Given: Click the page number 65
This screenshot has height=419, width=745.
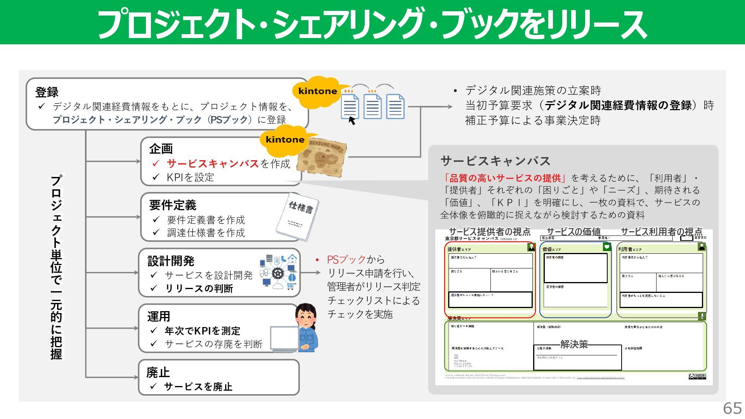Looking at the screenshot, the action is coord(732,408).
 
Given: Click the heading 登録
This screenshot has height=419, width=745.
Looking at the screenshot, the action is coord(47,92).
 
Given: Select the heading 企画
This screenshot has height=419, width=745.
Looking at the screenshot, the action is coord(161,149).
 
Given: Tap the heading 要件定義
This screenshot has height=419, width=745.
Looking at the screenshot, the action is coord(173,205).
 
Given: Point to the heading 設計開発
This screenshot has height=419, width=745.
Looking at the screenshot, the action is coord(171,261).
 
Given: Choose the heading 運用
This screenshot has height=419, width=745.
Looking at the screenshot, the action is coord(158,317).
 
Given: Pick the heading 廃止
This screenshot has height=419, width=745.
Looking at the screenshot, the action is coord(158,372).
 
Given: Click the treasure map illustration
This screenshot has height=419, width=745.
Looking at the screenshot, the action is coord(322,159).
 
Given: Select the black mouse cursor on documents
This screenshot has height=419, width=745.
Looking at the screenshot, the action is coord(352,121).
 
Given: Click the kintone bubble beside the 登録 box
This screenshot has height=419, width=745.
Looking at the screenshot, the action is coord(317,91).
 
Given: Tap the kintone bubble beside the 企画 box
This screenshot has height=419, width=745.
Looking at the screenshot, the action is coord(285,140).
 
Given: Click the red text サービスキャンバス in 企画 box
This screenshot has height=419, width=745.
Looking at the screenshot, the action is coord(213,164).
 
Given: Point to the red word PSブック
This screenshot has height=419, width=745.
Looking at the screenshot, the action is coord(346,259).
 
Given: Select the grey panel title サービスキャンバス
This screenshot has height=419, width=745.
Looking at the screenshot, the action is coord(495,161).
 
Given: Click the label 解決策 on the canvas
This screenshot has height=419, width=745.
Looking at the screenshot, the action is coord(574,344).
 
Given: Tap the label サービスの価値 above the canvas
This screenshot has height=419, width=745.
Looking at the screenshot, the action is coord(573,232).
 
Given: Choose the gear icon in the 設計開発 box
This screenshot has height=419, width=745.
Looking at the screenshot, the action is coord(278,273).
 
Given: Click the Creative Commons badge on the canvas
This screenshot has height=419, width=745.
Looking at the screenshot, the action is coord(697,376).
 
